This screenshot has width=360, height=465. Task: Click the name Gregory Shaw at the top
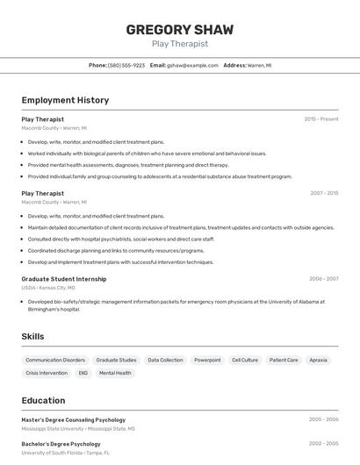pyautogui.click(x=179, y=29)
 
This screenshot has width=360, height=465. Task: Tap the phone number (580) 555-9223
pyautogui.click(x=126, y=65)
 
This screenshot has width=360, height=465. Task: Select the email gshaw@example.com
pyautogui.click(x=192, y=65)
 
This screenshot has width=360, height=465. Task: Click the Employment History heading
pyautogui.click(x=65, y=100)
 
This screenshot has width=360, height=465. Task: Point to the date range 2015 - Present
pyautogui.click(x=321, y=119)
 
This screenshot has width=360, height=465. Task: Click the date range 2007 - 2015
pyautogui.click(x=324, y=193)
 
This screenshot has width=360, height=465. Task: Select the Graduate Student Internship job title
pyautogui.click(x=63, y=279)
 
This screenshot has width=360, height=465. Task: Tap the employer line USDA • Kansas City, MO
pyautogui.click(x=48, y=288)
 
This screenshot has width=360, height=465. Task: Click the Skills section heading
pyautogui.click(x=32, y=336)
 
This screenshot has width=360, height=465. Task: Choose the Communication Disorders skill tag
pyautogui.click(x=55, y=360)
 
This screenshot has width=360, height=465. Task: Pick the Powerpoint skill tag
pyautogui.click(x=207, y=360)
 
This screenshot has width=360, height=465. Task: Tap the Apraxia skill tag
pyautogui.click(x=318, y=360)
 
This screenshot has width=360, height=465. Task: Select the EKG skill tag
pyautogui.click(x=83, y=373)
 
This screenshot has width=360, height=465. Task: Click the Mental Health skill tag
pyautogui.click(x=115, y=373)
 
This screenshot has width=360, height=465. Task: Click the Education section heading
pyautogui.click(x=43, y=400)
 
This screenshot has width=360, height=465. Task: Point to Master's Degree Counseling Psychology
pyautogui.click(x=73, y=420)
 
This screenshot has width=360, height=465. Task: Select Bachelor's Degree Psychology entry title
pyautogui.click(x=61, y=444)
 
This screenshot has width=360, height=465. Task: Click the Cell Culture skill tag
pyautogui.click(x=245, y=360)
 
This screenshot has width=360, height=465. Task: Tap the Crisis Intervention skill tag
pyautogui.click(x=47, y=373)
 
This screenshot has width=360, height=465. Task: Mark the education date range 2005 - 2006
pyautogui.click(x=324, y=420)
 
